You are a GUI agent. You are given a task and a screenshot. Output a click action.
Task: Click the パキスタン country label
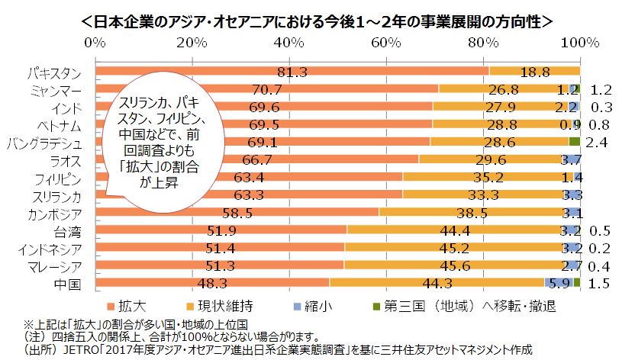53,73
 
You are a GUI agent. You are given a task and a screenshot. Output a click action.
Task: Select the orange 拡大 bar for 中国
214,283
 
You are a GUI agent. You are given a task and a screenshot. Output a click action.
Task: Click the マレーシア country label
52,266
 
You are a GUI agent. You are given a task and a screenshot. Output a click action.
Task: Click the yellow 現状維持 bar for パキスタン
534,72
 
